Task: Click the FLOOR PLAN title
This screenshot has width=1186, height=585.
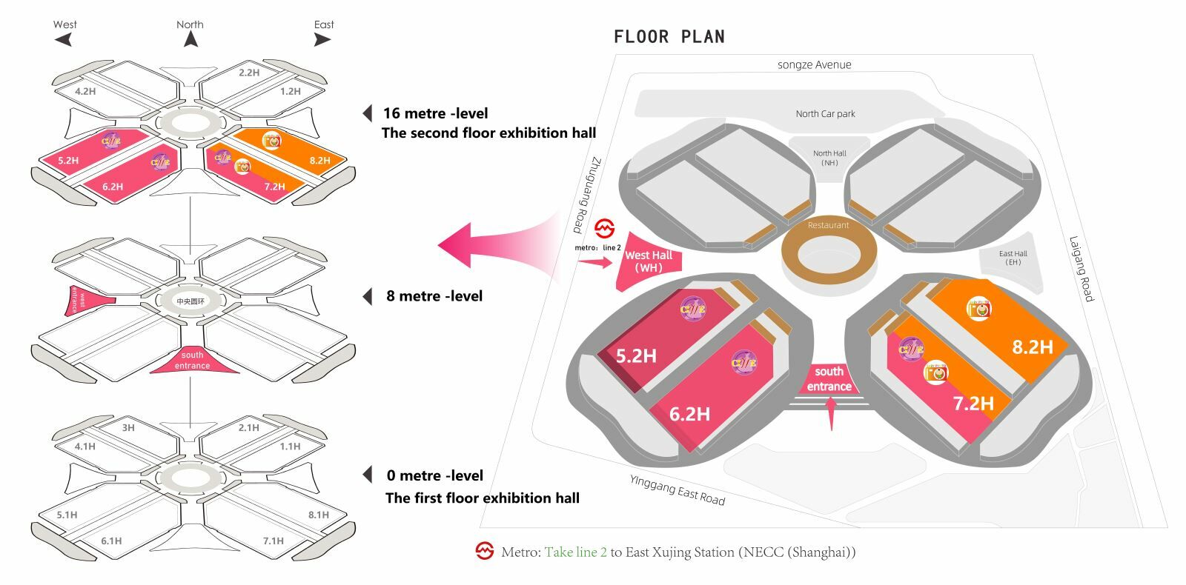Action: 669,37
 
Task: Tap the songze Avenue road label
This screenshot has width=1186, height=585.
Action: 814,65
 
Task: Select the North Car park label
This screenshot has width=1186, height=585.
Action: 825,114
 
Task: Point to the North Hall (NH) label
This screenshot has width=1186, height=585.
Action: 829,158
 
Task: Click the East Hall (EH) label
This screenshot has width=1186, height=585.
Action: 1013,258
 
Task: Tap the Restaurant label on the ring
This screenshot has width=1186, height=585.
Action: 828,225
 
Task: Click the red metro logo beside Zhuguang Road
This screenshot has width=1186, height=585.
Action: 605,229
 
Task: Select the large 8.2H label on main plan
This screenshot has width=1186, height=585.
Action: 1033,347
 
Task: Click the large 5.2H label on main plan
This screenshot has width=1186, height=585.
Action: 636,356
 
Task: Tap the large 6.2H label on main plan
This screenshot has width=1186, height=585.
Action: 689,414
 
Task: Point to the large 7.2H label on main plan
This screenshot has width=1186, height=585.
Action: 973,404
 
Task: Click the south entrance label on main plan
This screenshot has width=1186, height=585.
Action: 829,378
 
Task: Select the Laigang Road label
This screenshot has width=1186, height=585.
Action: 1081,268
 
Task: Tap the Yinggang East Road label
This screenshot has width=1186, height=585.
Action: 677,490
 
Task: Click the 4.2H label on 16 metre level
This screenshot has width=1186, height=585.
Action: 85,91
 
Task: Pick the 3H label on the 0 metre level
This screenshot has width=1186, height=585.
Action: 128,427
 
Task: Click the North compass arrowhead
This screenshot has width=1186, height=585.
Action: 191,39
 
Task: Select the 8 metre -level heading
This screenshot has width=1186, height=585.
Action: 434,296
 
